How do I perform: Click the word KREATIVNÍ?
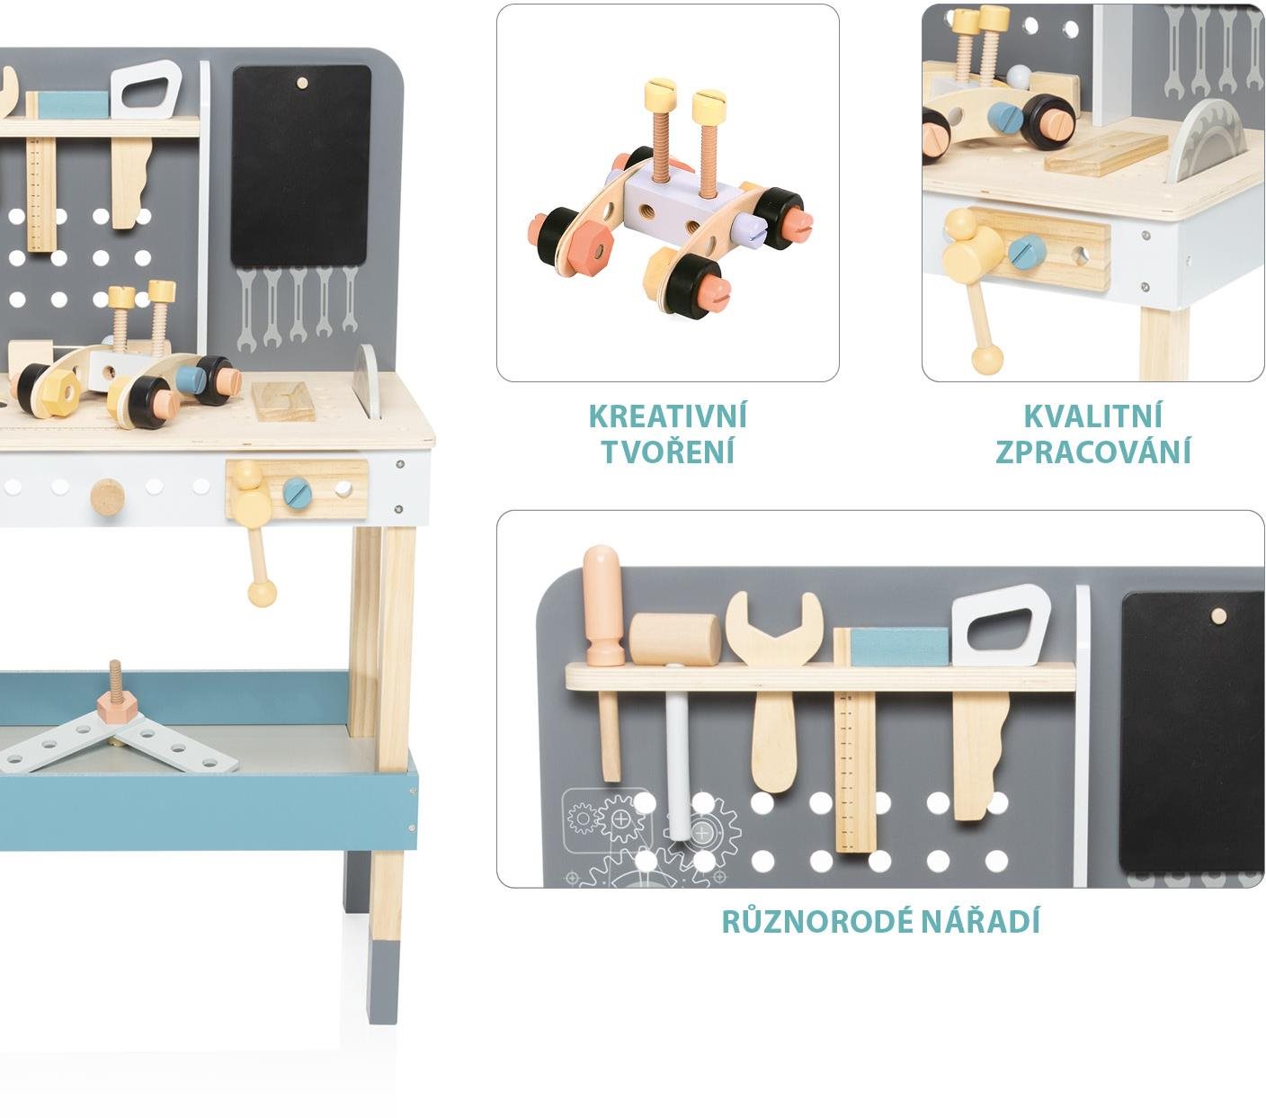(667, 416)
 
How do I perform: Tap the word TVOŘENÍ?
(667, 452)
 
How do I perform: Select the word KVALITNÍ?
(1092, 416)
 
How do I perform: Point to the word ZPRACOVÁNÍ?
(1092, 452)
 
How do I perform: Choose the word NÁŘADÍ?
(981, 922)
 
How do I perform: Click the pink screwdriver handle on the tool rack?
(602, 605)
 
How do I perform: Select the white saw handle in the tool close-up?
(1002, 624)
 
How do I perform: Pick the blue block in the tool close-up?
(900, 647)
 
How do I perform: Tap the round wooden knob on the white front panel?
(108, 497)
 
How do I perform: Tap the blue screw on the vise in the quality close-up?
(1026, 255)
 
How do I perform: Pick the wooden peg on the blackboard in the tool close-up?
(1217, 616)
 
